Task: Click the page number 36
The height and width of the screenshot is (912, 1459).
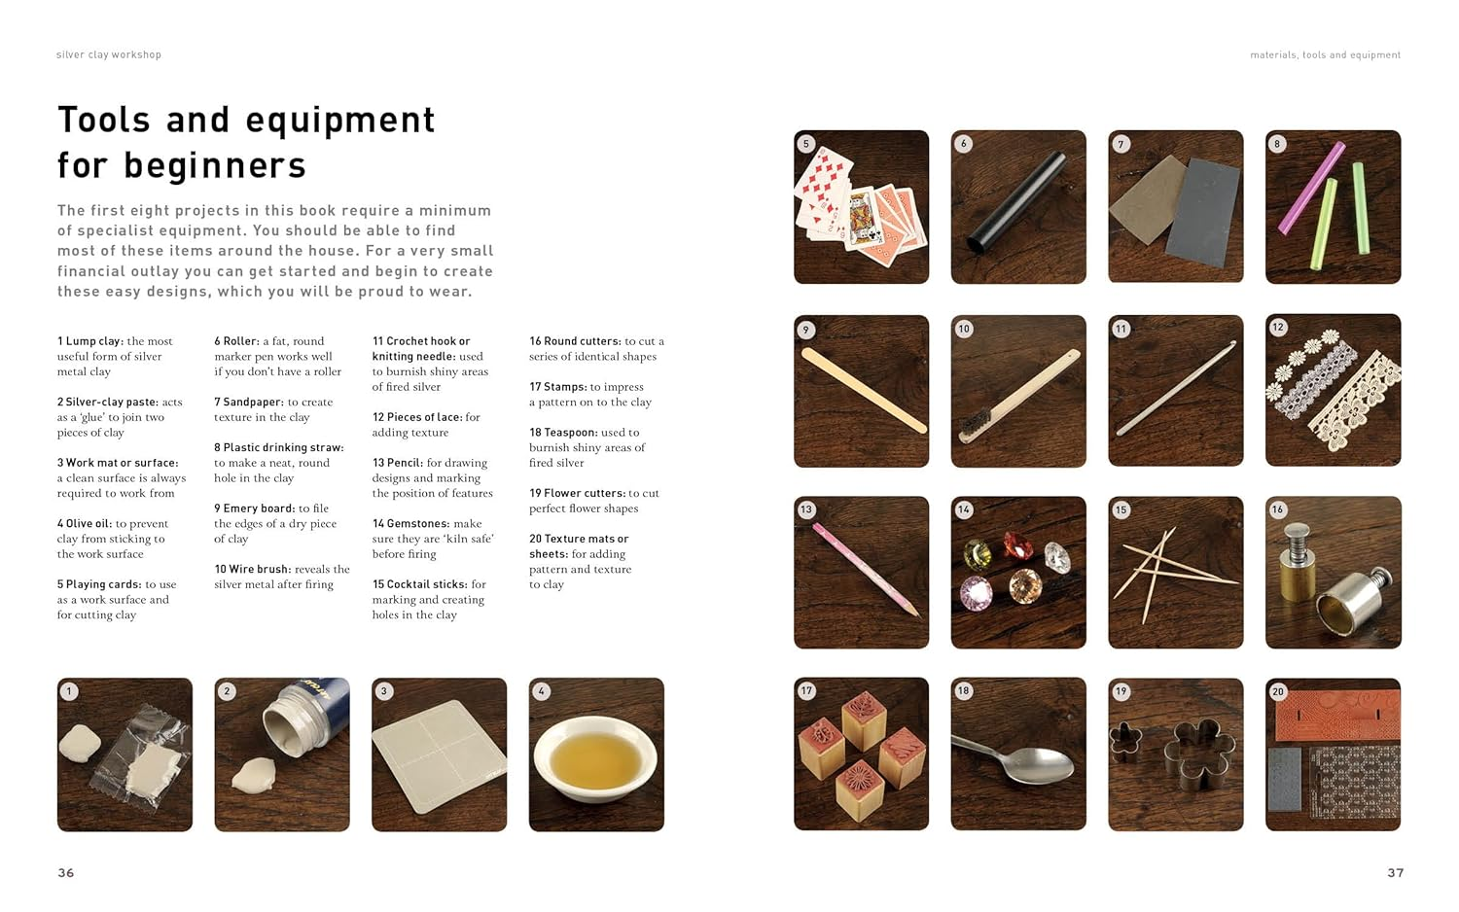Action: coord(65,872)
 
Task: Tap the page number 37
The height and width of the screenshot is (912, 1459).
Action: coord(1395,872)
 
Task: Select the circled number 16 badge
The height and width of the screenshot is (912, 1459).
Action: coord(1277,509)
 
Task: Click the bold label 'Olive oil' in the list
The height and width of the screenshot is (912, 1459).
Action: coord(88,523)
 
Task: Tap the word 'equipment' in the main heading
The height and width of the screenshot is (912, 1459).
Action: coord(339,120)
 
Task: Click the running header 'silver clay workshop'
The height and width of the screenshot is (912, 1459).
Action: coord(109,54)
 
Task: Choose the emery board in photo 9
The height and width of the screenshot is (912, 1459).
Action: coord(862,390)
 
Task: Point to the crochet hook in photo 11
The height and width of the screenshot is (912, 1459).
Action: coord(1176,390)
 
